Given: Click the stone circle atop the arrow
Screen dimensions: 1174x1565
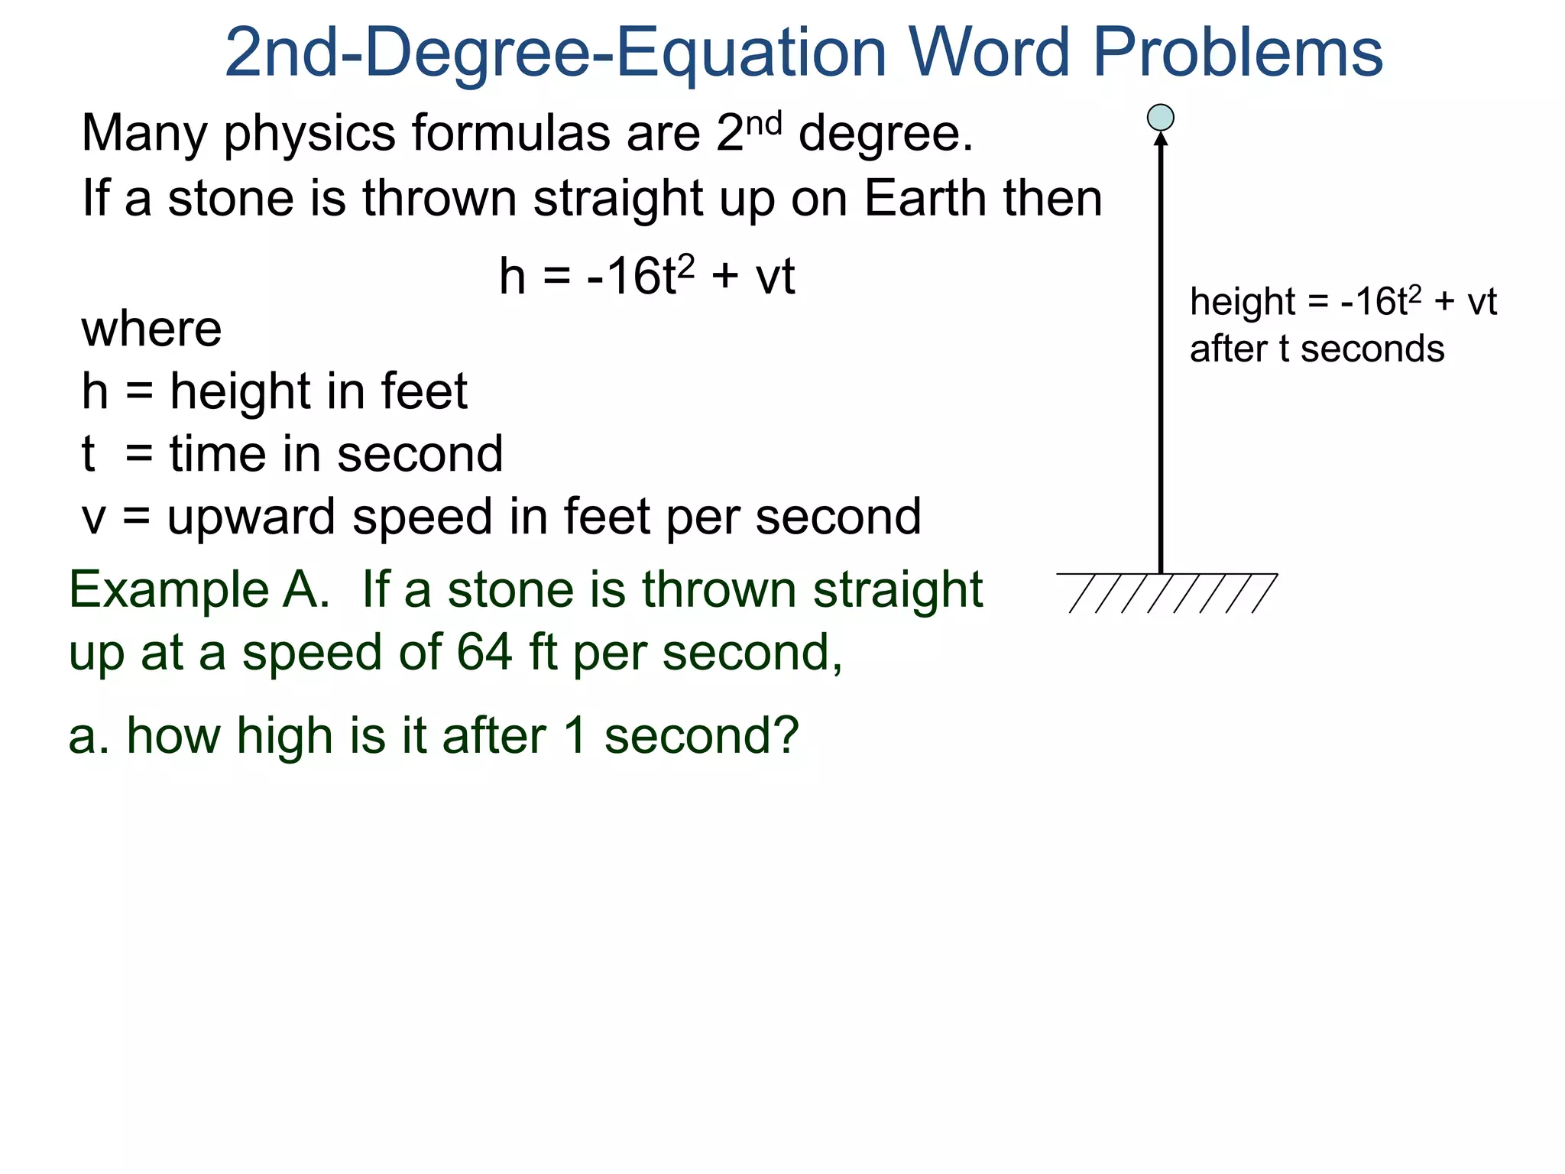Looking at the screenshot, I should [x=1161, y=118].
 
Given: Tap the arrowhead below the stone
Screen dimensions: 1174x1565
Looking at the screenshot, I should [x=1161, y=139].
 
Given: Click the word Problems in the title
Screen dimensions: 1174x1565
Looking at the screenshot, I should [x=1238, y=54].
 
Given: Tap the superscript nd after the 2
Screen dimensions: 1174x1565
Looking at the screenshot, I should [x=763, y=124].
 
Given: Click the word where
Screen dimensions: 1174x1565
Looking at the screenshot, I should [x=151, y=329].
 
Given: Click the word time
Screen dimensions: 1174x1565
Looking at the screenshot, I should [x=217, y=454].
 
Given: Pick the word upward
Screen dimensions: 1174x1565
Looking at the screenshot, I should [x=251, y=518].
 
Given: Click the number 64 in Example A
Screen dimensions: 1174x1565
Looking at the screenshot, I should [x=484, y=653].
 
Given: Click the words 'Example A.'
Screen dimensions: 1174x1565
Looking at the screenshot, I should [x=199, y=590].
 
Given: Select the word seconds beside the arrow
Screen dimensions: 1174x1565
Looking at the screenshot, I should [x=1372, y=349].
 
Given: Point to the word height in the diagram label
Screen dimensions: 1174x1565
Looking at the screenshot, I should [x=1243, y=303].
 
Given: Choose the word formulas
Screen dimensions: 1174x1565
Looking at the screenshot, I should [x=511, y=133].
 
